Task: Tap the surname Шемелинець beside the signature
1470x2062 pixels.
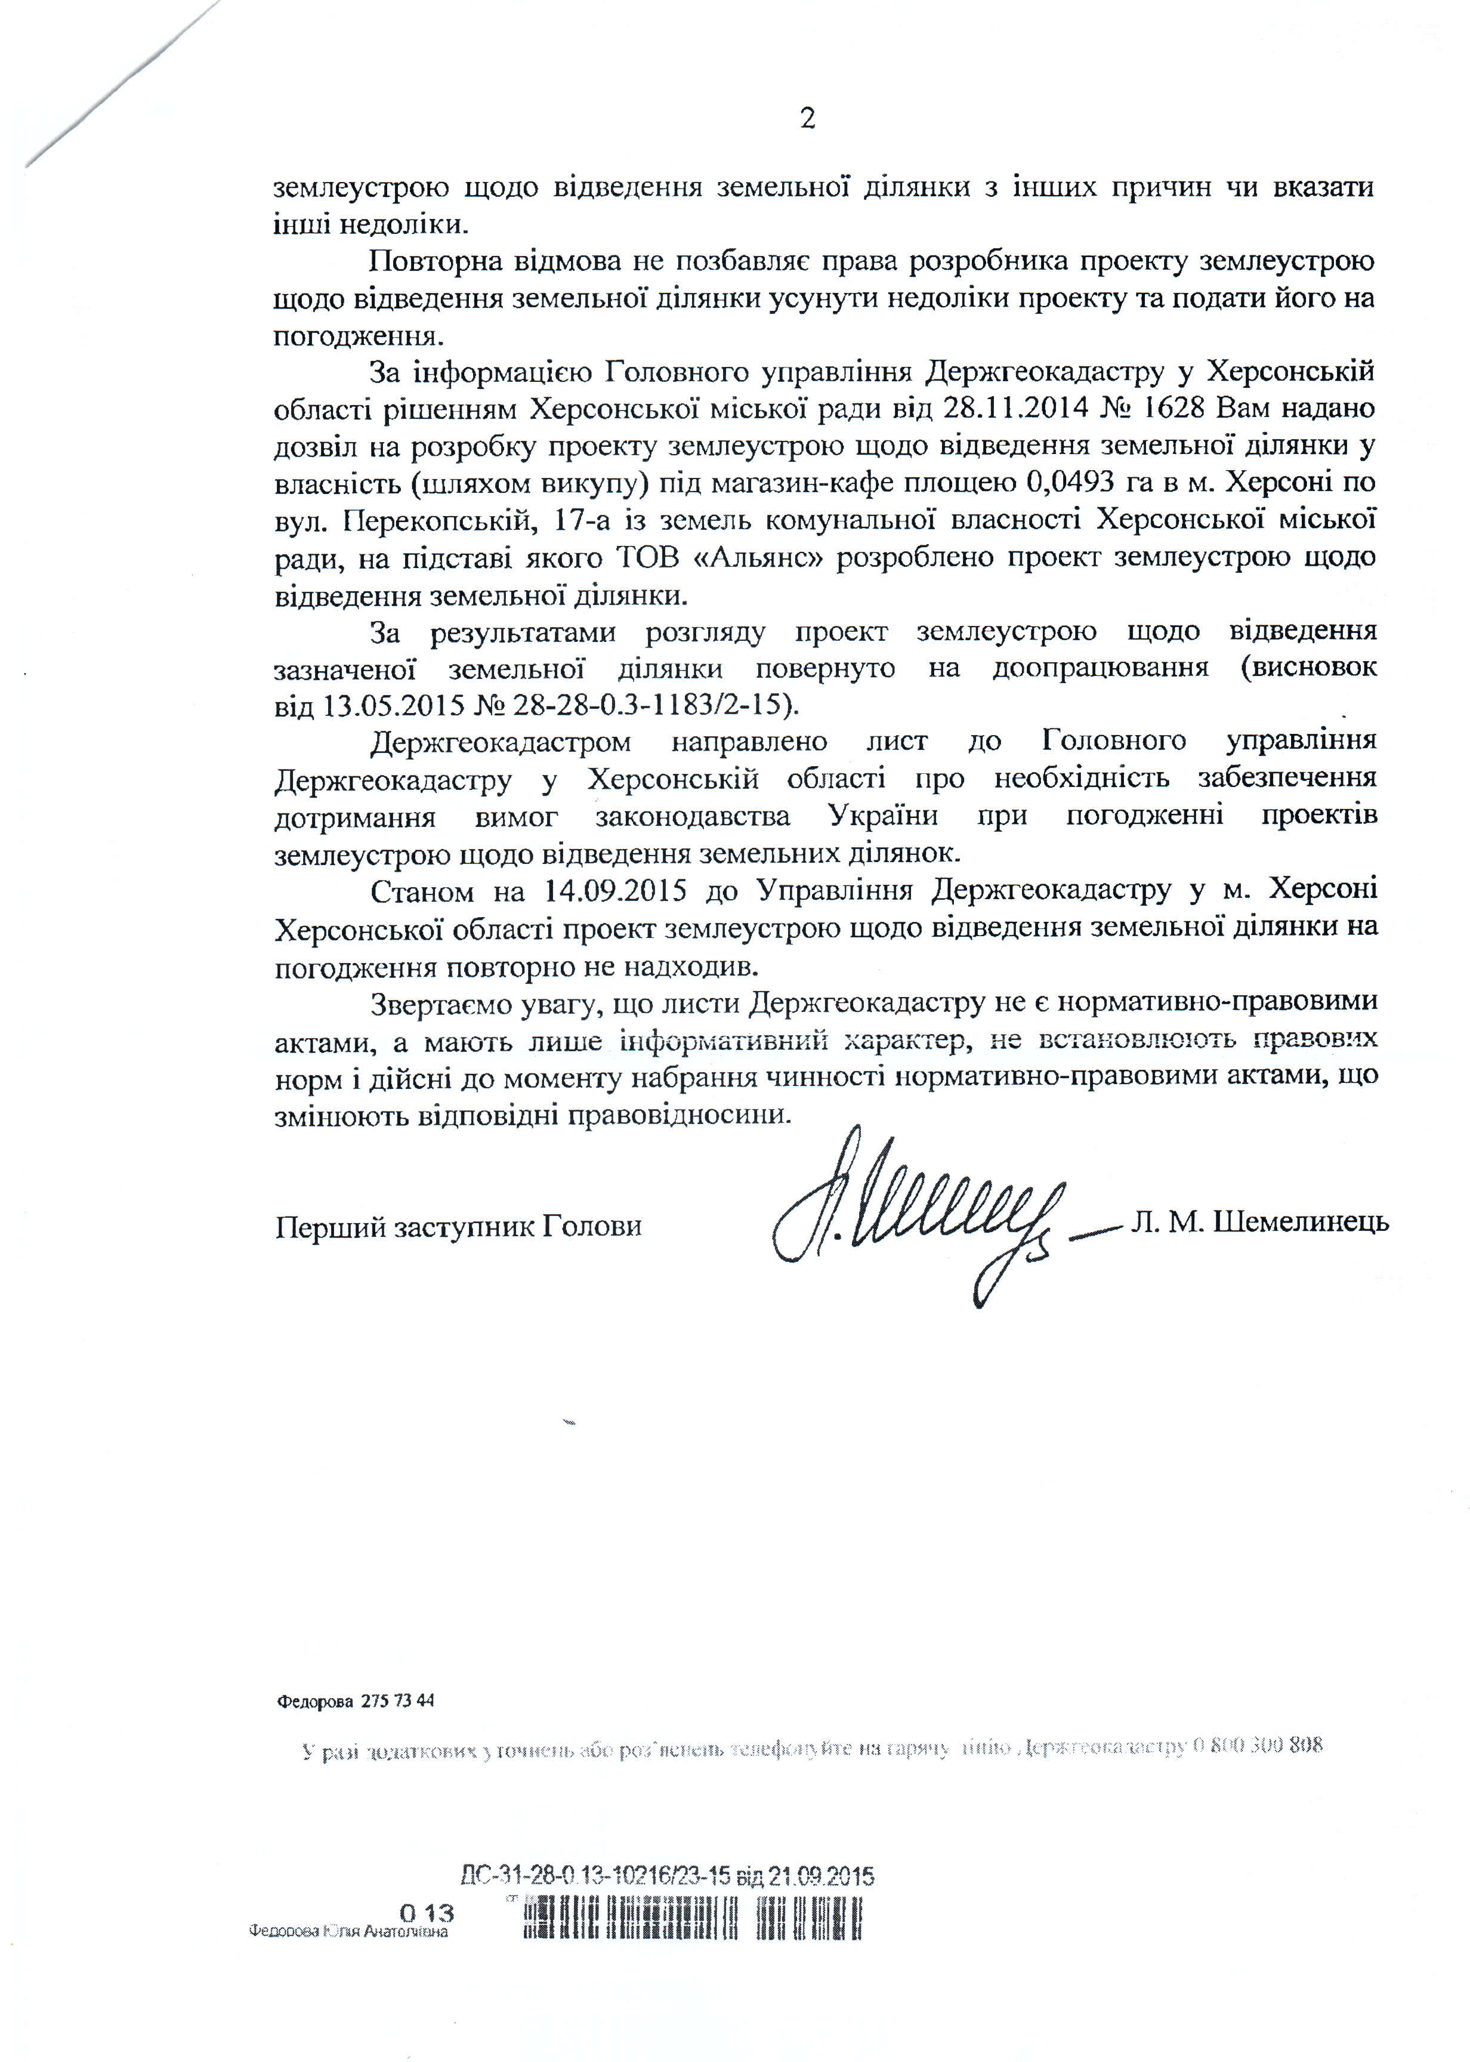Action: click(x=1300, y=1222)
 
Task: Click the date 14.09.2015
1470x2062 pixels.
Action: click(x=614, y=891)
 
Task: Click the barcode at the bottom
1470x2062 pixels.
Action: click(x=693, y=1919)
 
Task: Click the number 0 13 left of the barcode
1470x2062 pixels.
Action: click(x=427, y=1913)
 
